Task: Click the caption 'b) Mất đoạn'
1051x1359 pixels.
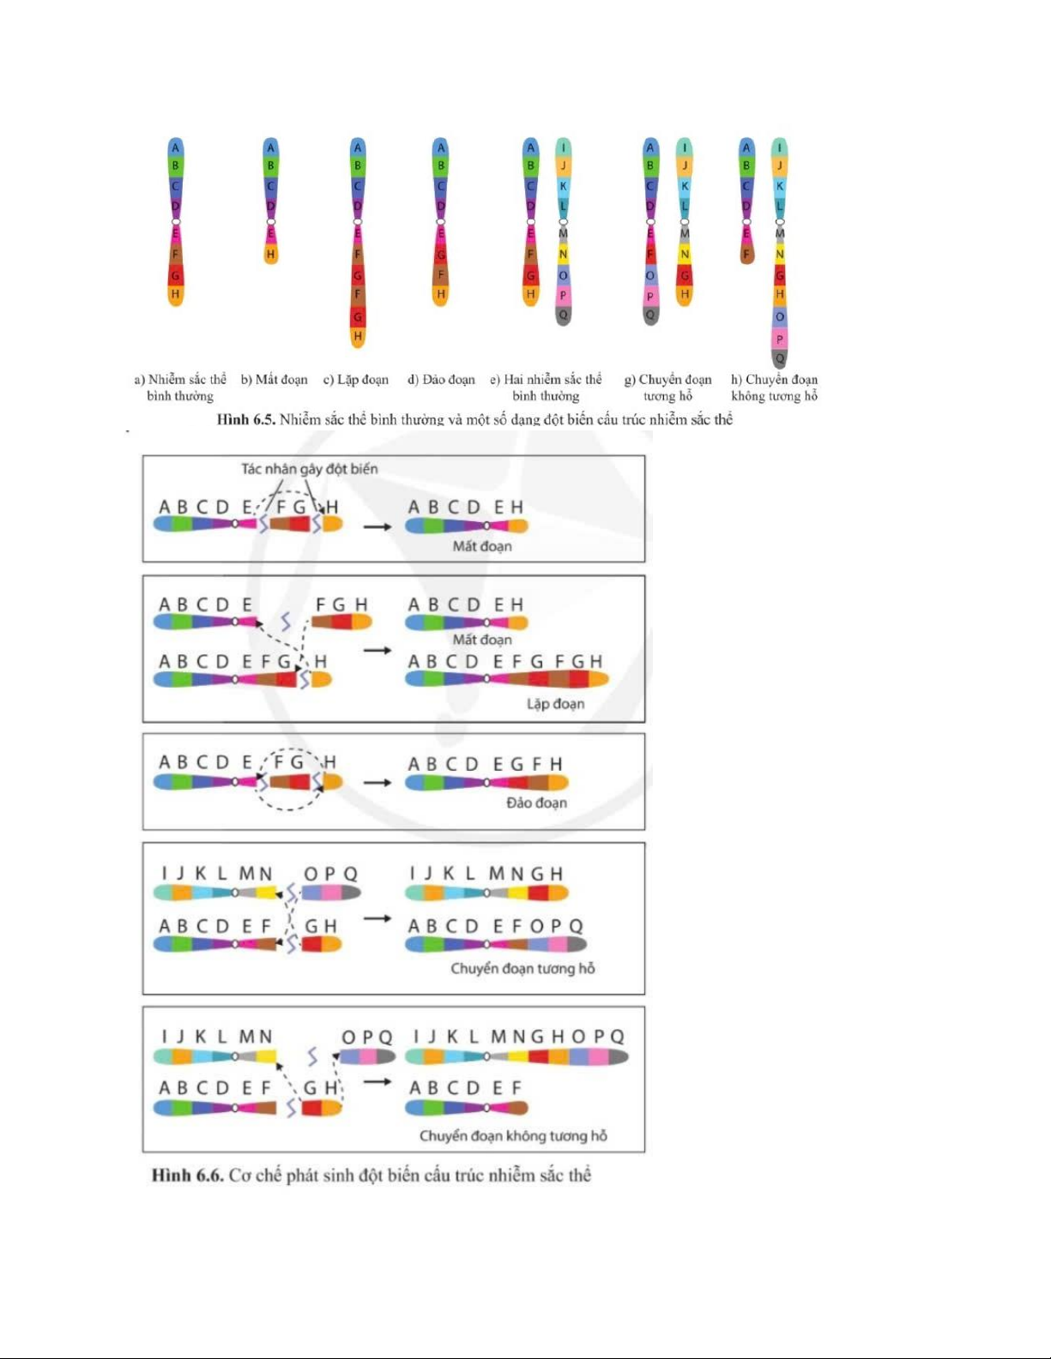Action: pyautogui.click(x=275, y=380)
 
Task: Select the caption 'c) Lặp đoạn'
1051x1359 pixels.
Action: pyautogui.click(x=356, y=380)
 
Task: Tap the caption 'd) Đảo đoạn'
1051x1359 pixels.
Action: pyautogui.click(x=441, y=380)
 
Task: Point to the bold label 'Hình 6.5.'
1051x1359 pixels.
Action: pyautogui.click(x=245, y=419)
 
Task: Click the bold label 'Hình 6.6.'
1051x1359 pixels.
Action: pyautogui.click(x=187, y=1175)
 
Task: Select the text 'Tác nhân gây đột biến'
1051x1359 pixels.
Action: pyautogui.click(x=309, y=469)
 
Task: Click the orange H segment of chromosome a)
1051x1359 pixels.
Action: pyautogui.click(x=176, y=294)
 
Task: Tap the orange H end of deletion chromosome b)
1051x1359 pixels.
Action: pyautogui.click(x=270, y=254)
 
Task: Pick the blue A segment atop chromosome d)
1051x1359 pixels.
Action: pyautogui.click(x=440, y=147)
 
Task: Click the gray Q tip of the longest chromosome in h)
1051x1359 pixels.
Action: pyautogui.click(x=779, y=358)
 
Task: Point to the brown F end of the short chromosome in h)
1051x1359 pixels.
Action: pyautogui.click(x=746, y=254)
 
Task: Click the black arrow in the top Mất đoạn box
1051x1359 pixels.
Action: pyautogui.click(x=377, y=526)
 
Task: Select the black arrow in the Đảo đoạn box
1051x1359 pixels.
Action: pyautogui.click(x=377, y=782)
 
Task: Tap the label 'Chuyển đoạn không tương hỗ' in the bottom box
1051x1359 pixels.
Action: pyautogui.click(x=513, y=1136)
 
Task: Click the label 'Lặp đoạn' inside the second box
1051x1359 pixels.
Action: pyautogui.click(x=555, y=704)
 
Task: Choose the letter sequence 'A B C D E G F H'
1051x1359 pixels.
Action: pyautogui.click(x=486, y=764)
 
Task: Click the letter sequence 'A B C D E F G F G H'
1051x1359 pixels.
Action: pyautogui.click(x=504, y=662)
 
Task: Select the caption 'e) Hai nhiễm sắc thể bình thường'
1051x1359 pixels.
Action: pyautogui.click(x=546, y=388)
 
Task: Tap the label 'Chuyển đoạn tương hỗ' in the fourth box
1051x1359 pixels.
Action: pyautogui.click(x=522, y=969)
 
